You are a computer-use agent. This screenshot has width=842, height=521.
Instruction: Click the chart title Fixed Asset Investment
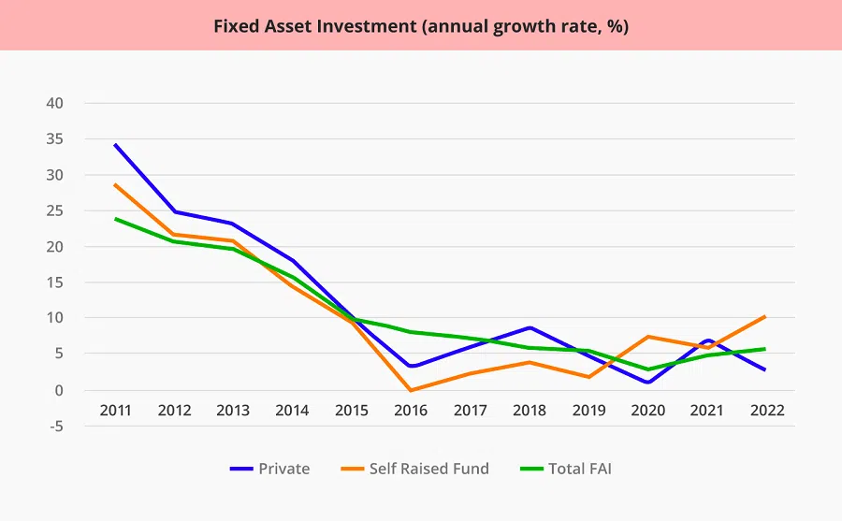(x=420, y=26)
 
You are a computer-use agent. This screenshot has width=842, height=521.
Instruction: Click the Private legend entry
(x=283, y=469)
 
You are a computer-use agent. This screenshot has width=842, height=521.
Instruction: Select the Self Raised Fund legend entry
(x=428, y=469)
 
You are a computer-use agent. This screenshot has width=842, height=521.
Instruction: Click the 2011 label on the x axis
(x=115, y=411)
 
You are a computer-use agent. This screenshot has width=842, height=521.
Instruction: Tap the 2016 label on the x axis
(x=411, y=411)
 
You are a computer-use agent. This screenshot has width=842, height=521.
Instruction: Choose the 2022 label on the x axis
(x=765, y=411)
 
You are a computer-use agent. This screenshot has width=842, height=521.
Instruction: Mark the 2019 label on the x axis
(x=588, y=411)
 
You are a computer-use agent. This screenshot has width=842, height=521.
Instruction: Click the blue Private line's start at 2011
(x=115, y=145)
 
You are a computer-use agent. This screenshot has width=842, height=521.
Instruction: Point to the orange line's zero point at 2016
(x=411, y=390)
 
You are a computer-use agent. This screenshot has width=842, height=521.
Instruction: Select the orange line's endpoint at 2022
(x=765, y=316)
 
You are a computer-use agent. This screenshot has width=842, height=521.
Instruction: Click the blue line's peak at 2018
(x=530, y=327)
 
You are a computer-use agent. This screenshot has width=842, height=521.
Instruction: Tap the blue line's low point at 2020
(x=647, y=382)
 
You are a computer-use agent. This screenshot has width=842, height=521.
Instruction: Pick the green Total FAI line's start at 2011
(x=115, y=219)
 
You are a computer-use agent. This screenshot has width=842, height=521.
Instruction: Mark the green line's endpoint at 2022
(x=765, y=349)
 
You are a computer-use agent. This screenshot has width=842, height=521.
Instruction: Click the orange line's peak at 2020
(x=647, y=337)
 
